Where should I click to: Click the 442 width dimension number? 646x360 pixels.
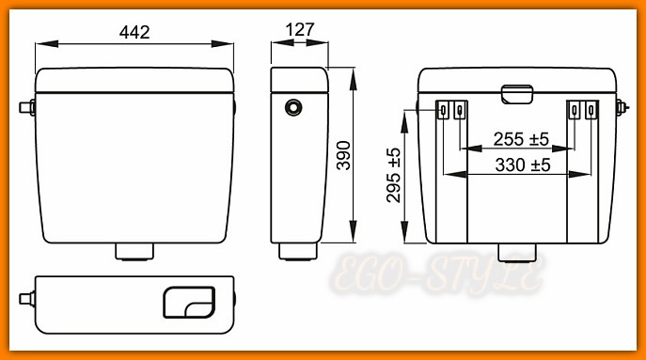[x=134, y=31]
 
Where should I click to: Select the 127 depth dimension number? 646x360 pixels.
[x=299, y=30]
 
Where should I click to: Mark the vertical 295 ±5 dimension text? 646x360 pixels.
[x=393, y=175]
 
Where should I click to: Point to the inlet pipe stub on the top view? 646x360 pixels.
[x=26, y=301]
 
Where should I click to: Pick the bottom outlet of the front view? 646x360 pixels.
[x=134, y=251]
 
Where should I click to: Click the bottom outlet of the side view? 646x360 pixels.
[x=299, y=251]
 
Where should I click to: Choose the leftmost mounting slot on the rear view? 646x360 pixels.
[x=443, y=111]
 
